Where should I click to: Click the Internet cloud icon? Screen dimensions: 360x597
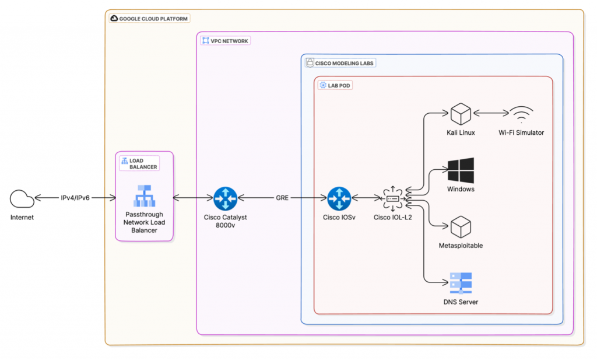[22, 198]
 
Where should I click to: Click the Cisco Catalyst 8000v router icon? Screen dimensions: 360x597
[224, 198]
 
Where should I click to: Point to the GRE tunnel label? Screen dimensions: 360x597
[283, 198]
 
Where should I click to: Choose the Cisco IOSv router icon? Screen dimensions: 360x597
[338, 198]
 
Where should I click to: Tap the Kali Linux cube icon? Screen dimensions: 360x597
[460, 113]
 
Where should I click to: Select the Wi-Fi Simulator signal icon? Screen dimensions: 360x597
[521, 114]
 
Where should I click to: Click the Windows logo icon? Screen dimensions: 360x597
[460, 170]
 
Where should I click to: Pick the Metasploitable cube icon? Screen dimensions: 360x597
[460, 226]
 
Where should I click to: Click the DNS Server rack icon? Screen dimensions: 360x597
[460, 283]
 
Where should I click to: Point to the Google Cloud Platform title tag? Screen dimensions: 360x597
[149, 19]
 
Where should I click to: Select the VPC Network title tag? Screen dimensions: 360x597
[225, 41]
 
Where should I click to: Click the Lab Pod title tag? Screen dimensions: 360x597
[336, 85]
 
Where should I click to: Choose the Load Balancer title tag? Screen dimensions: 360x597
[139, 163]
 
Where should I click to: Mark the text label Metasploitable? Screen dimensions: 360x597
[460, 246]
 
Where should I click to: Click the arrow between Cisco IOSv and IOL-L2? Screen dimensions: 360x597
[366, 198]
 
